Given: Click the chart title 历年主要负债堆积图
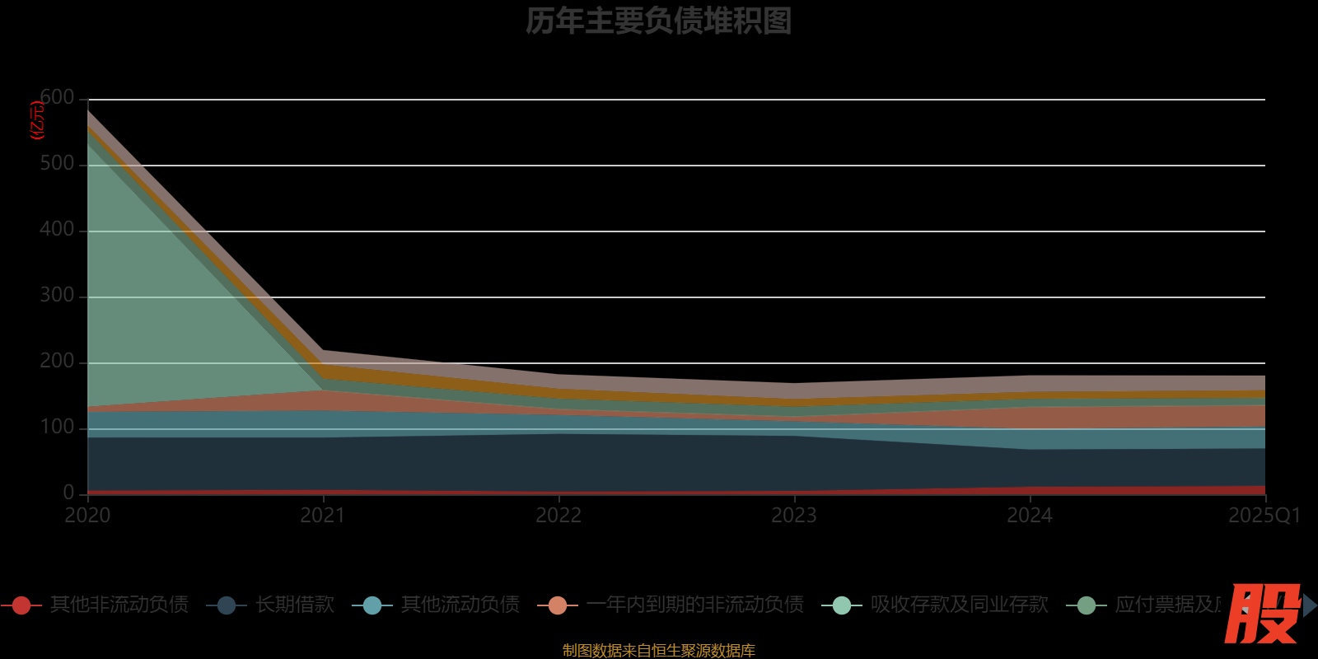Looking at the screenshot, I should [x=658, y=21].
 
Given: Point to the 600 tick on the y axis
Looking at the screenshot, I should [x=58, y=98].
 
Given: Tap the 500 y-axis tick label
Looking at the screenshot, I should [x=57, y=164].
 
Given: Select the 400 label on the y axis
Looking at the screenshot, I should [x=57, y=230].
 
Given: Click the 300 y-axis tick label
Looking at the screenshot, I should [x=57, y=296].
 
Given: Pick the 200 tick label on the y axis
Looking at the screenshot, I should [x=57, y=362].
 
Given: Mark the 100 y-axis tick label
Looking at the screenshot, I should [x=57, y=428].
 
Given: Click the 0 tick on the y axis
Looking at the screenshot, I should [x=69, y=493].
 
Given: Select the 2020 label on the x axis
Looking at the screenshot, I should [x=87, y=516].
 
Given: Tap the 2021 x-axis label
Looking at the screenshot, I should [x=323, y=516].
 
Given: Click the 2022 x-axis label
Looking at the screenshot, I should [x=559, y=516].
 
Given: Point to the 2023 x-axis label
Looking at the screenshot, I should [x=794, y=516].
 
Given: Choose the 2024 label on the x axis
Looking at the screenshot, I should [x=1030, y=516].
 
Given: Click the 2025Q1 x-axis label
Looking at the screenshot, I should [x=1264, y=516].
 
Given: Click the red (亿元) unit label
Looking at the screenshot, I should [x=37, y=120].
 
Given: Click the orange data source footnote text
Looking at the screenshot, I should [x=658, y=651].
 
